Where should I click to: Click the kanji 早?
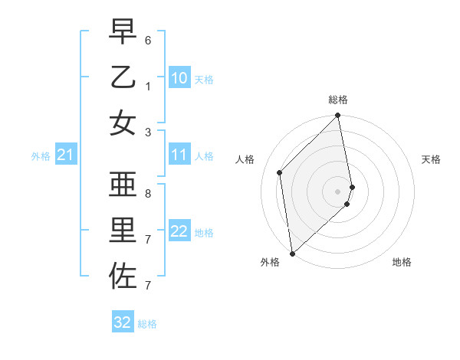[123, 32]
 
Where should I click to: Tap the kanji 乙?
[123, 77]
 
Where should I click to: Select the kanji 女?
[123, 123]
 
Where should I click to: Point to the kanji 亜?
[123, 185]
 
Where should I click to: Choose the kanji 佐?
[123, 275]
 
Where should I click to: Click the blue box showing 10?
[179, 78]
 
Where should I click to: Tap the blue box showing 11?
[179, 155]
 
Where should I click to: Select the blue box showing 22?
[179, 231]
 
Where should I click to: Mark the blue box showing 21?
[66, 155]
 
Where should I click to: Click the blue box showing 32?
[123, 322]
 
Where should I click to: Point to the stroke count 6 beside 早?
[147, 39]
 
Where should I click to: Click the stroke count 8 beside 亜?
[147, 193]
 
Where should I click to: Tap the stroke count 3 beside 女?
[147, 131]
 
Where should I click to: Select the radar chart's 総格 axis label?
[338, 100]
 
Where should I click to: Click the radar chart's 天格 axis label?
[432, 159]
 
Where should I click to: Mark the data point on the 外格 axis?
[292, 253]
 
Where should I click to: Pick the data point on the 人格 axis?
[280, 172]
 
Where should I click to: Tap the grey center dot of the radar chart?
[338, 191]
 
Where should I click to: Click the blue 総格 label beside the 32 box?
[147, 324]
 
